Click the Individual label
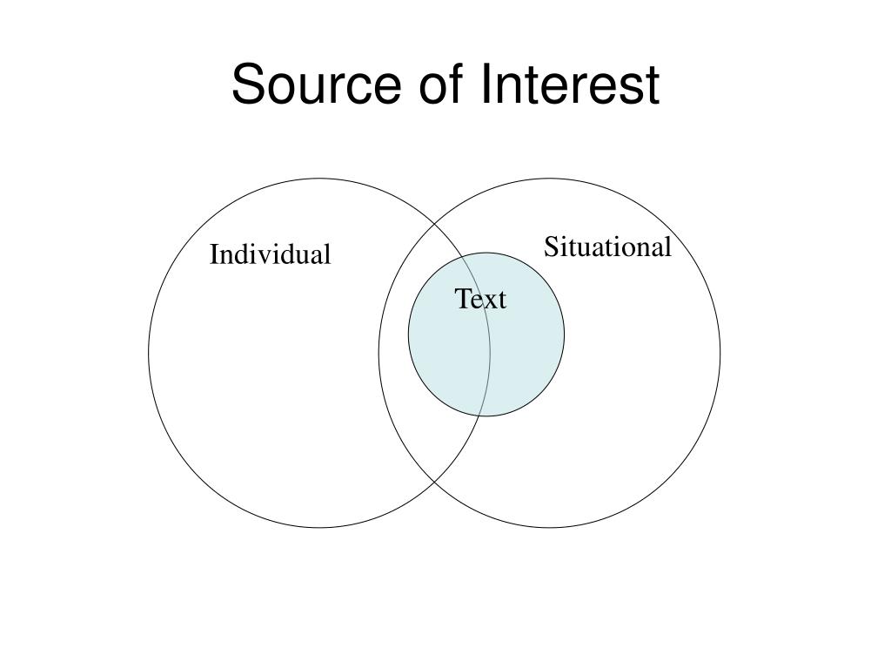click(x=270, y=255)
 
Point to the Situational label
click(x=607, y=247)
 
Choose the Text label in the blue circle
click(x=480, y=300)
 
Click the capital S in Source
click(x=247, y=86)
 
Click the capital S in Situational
click(x=551, y=247)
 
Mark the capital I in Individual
click(x=214, y=255)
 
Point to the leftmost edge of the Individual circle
click(x=149, y=353)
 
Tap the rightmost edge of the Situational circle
click(x=720, y=353)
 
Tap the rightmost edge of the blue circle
click(x=564, y=334)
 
